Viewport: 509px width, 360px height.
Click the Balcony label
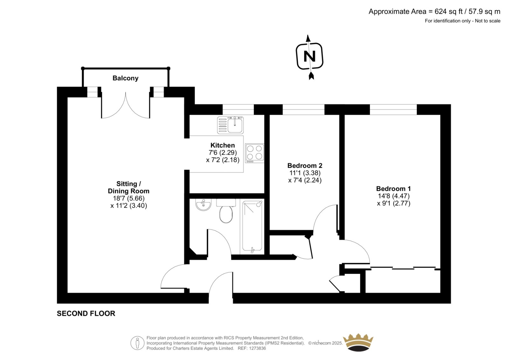[x=125, y=78]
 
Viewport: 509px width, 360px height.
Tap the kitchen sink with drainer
[x=230, y=125]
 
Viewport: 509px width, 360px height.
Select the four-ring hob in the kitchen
[x=254, y=153]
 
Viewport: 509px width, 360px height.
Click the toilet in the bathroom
[x=226, y=211]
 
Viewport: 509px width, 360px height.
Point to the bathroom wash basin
[x=203, y=204]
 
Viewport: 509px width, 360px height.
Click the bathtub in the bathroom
[x=252, y=227]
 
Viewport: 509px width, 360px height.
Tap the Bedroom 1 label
[x=394, y=189]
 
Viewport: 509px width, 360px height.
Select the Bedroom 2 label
[x=305, y=166]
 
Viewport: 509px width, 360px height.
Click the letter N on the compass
[x=310, y=56]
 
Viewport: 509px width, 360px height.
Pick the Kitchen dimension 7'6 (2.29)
[x=223, y=152]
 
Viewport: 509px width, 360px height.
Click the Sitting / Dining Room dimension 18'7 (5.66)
[x=129, y=198]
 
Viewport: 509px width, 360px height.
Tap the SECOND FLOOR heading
[x=86, y=314]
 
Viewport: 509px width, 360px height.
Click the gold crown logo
[x=358, y=342]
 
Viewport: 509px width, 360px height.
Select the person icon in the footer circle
[x=137, y=343]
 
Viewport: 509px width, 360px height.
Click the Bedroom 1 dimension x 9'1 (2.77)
[x=394, y=203]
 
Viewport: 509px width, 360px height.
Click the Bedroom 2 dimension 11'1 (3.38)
[x=305, y=173]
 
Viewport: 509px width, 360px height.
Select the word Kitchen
[x=223, y=145]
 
